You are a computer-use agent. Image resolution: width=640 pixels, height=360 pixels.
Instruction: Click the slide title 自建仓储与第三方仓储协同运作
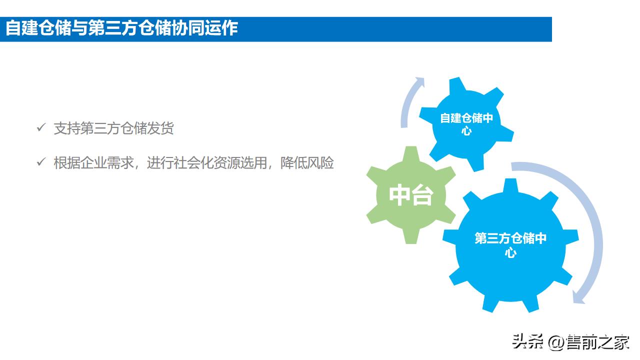121,28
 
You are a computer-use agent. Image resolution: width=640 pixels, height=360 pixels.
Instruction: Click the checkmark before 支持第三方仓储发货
41,128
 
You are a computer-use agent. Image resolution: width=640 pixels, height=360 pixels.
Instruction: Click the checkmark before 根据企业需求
41,162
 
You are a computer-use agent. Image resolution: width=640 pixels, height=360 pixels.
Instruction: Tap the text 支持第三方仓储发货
114,128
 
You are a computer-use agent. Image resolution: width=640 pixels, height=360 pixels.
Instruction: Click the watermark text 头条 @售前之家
570,342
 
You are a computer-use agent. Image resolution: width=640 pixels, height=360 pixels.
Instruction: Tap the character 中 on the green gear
400,195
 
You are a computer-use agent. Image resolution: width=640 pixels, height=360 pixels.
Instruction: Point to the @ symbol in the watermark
556,343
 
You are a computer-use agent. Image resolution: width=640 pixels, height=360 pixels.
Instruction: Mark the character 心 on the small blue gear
466,131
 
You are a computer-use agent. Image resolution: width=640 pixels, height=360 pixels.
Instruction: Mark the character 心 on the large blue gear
510,252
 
